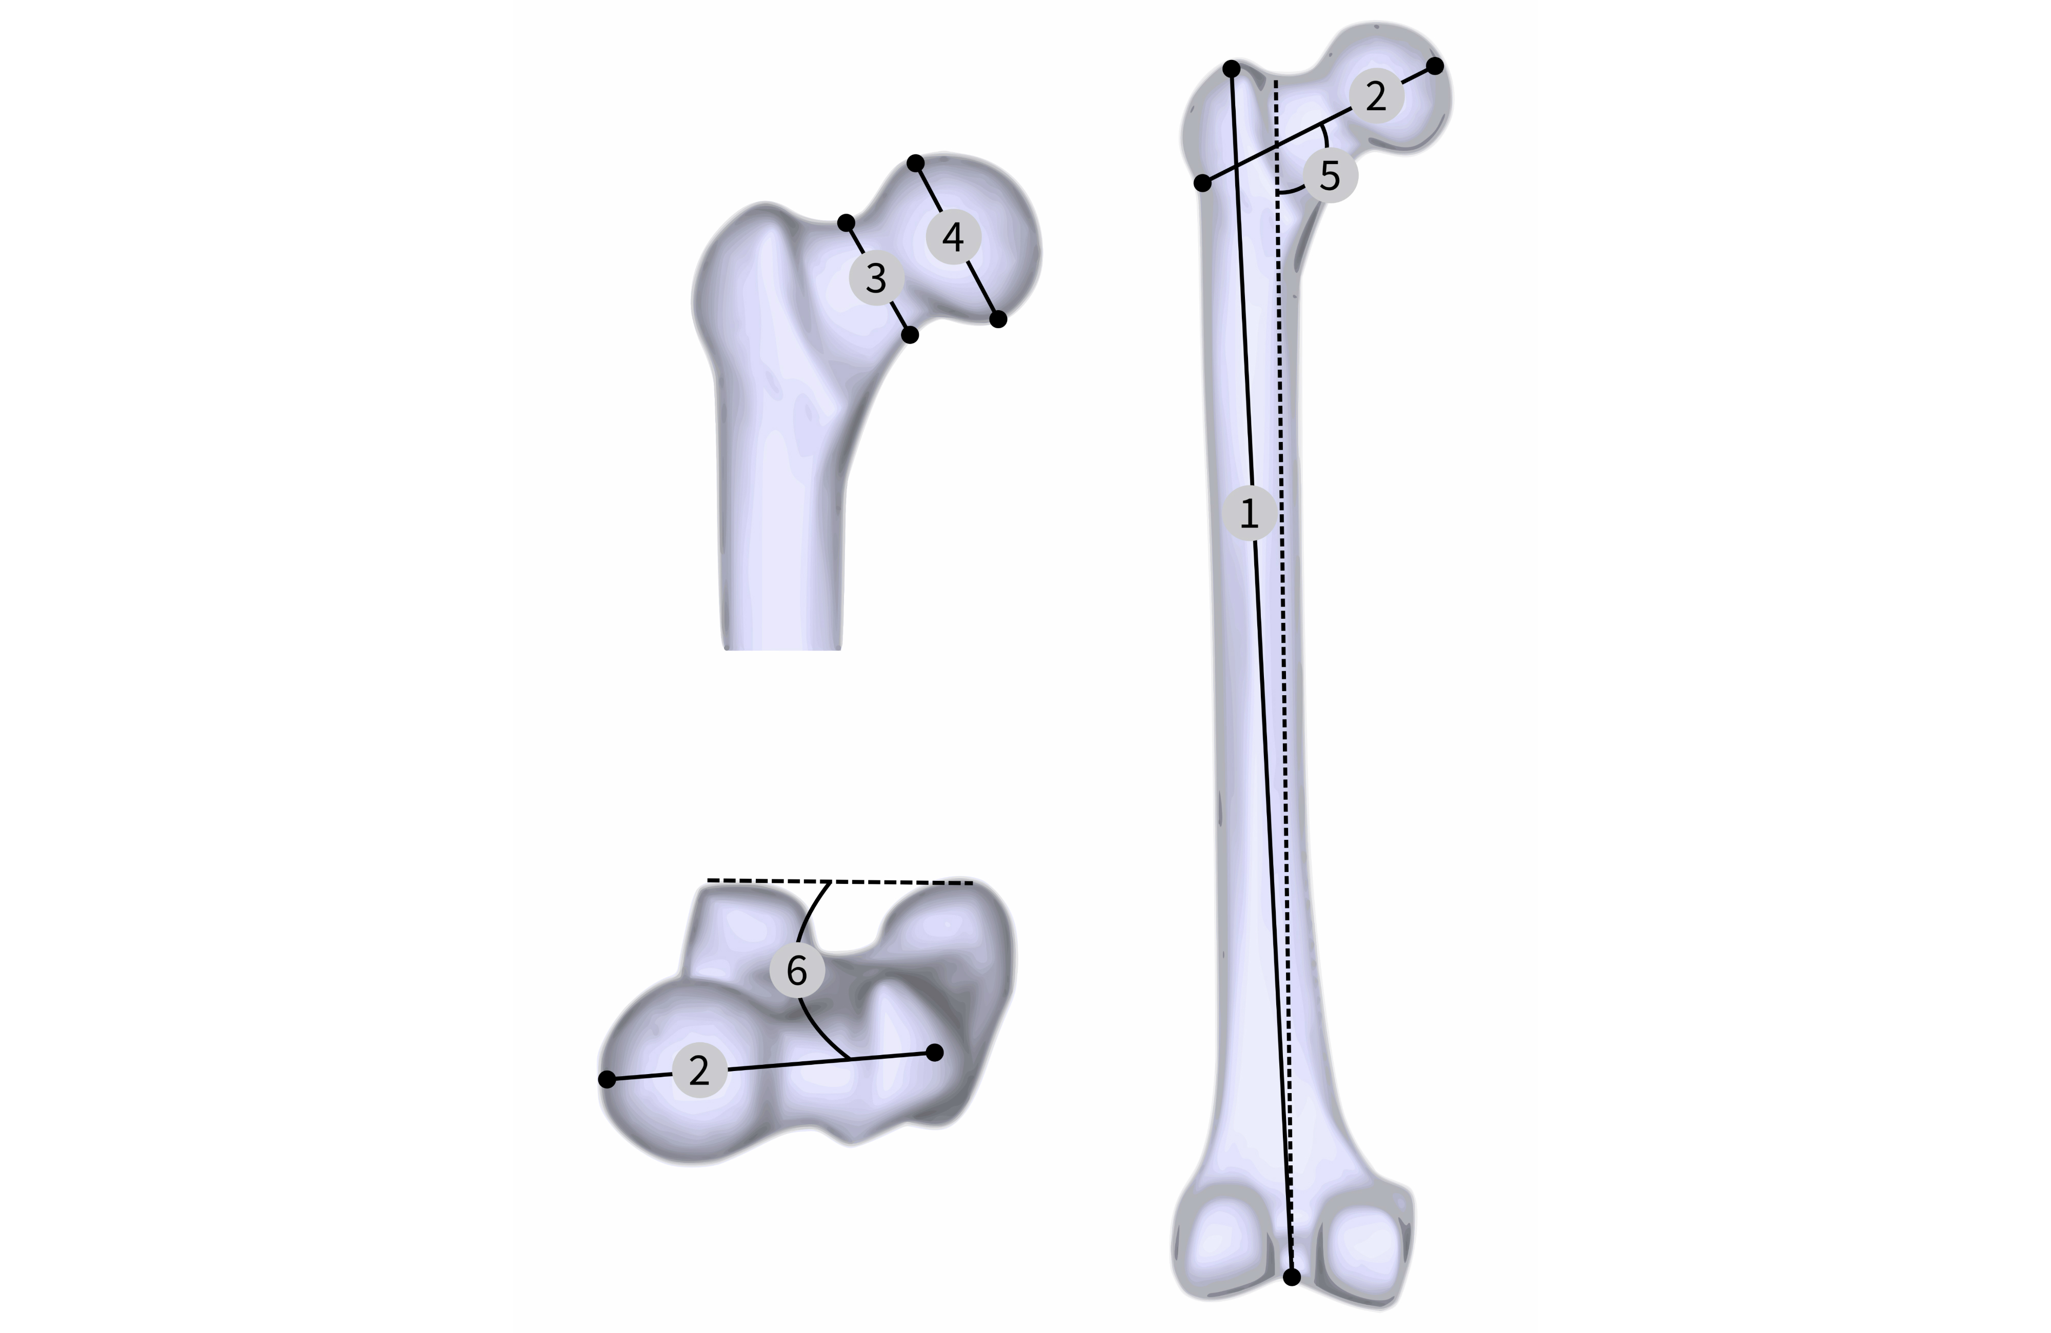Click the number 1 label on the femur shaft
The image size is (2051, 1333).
[x=1250, y=514]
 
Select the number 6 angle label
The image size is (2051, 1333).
[x=797, y=970]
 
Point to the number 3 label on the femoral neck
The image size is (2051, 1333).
[x=876, y=277]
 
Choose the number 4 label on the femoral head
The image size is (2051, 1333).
[x=953, y=236]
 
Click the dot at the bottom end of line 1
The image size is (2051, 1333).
[x=1292, y=1278]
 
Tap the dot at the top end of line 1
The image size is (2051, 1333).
[x=1232, y=68]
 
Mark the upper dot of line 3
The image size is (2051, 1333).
[x=846, y=223]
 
